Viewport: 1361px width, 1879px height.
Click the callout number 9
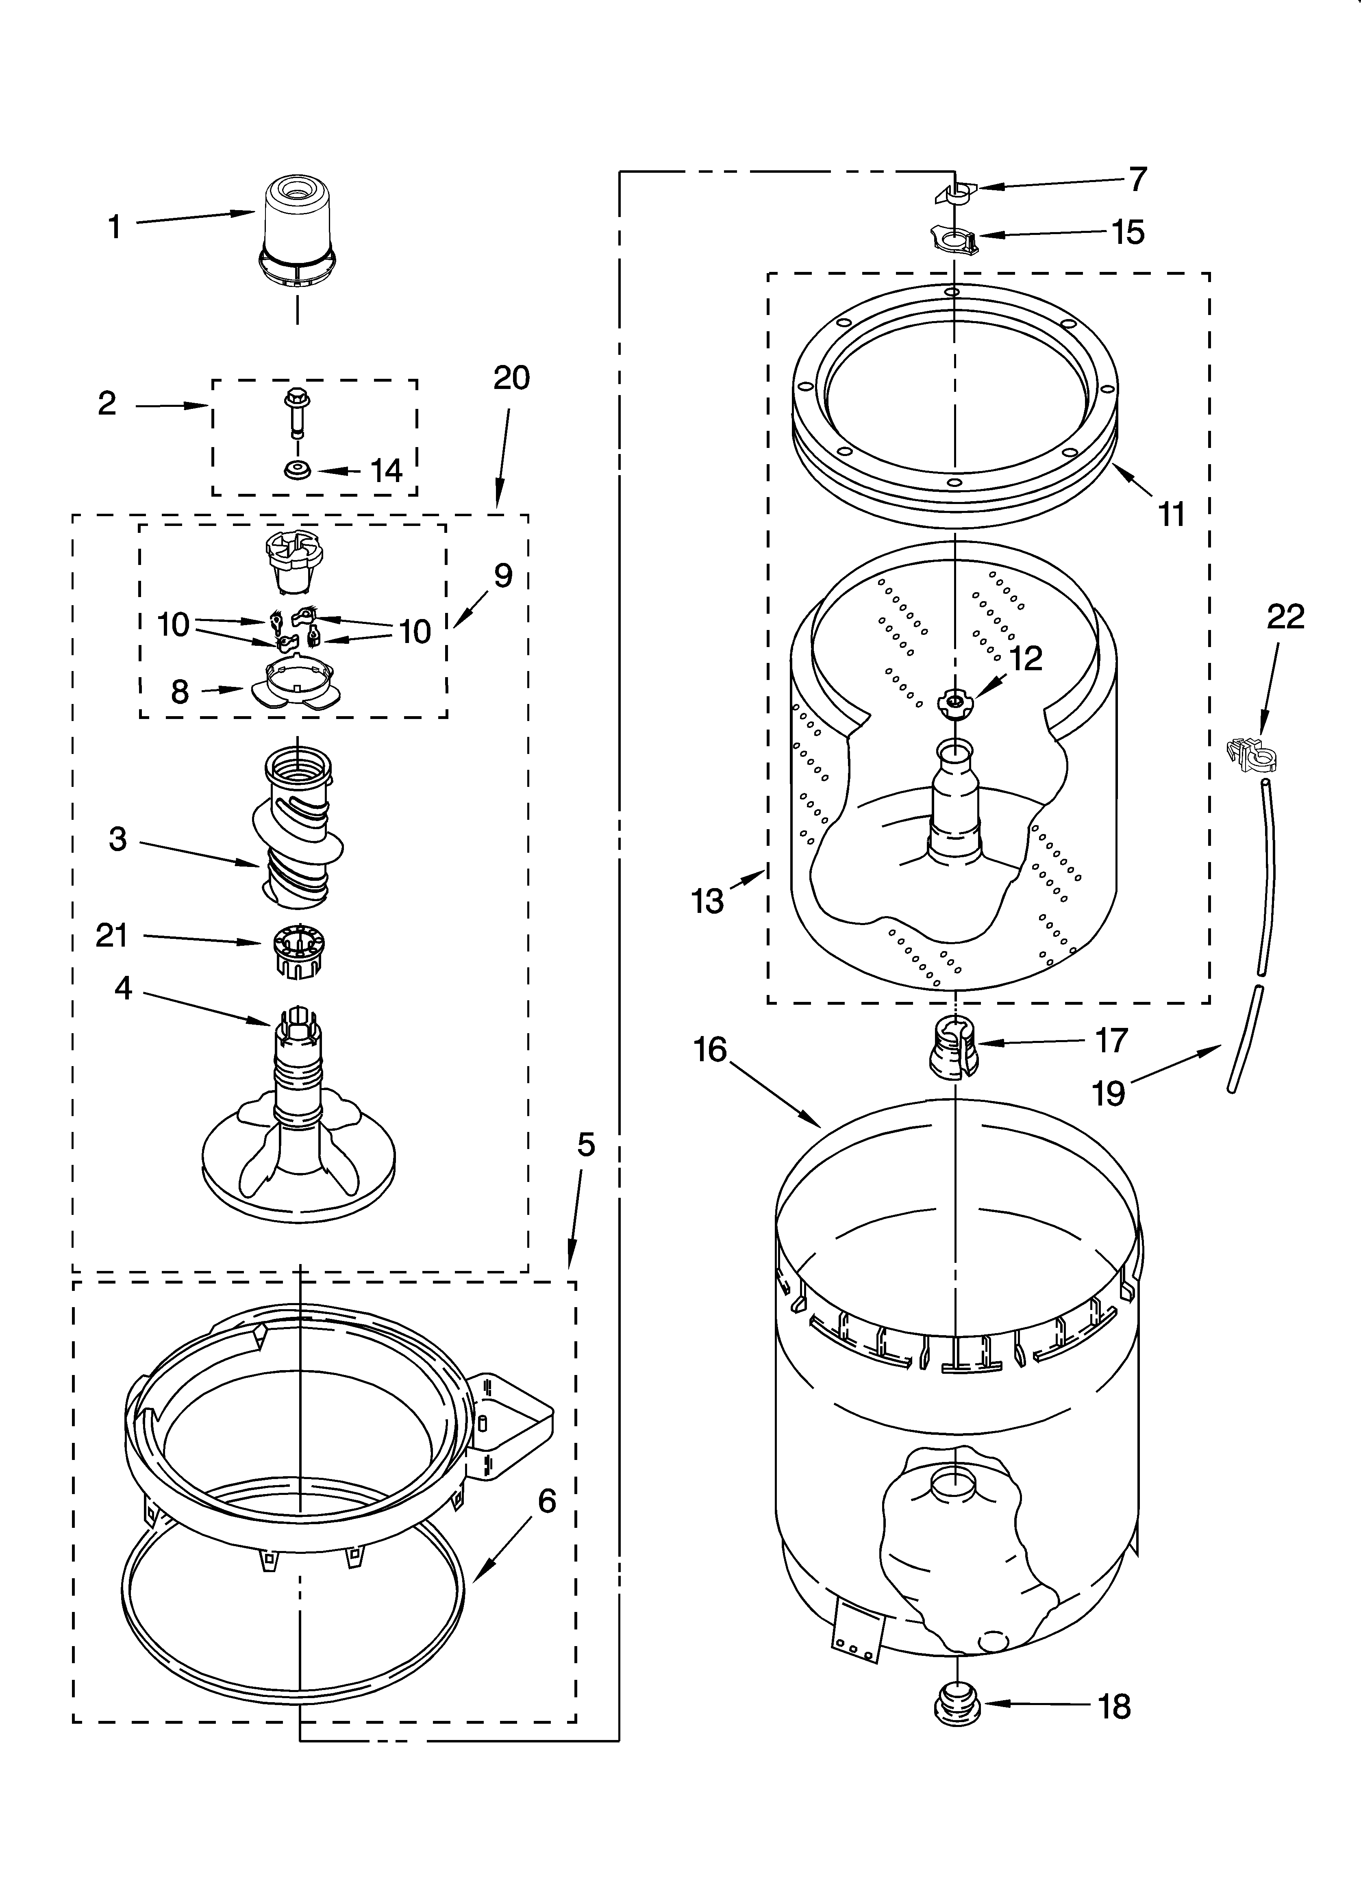pos(503,575)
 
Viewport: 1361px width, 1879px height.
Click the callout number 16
pos(710,1050)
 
